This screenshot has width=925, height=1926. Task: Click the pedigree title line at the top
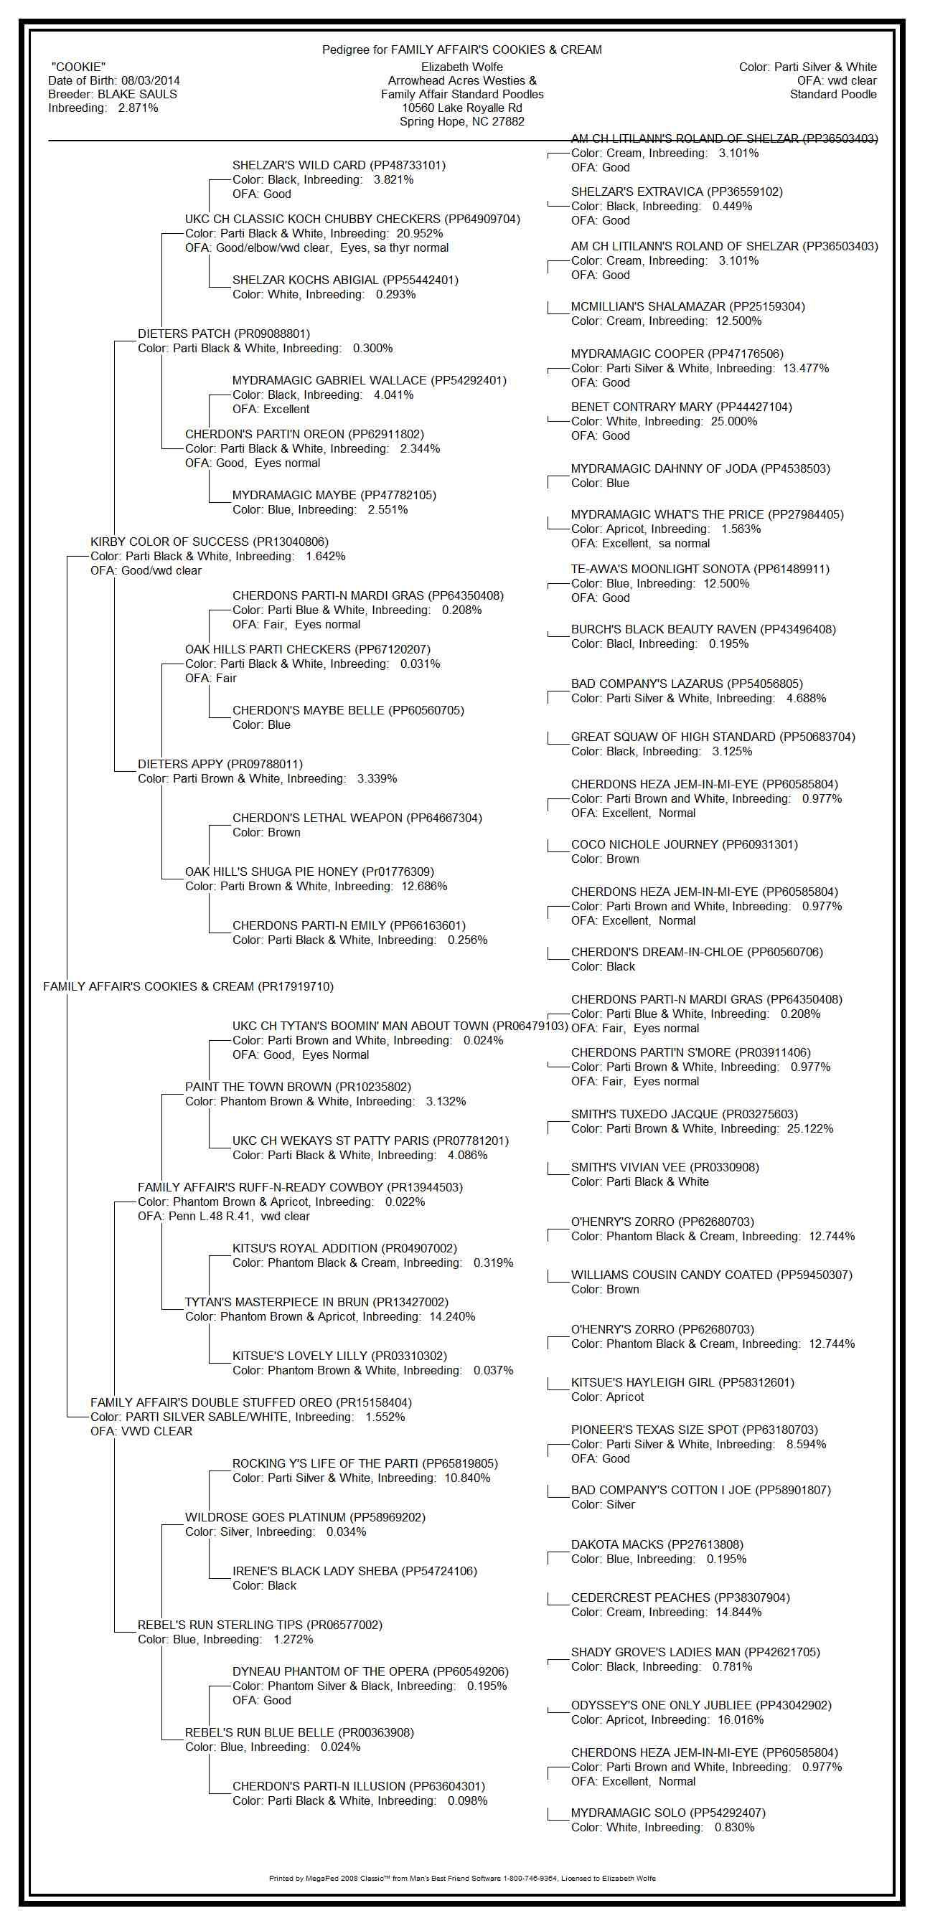tap(461, 50)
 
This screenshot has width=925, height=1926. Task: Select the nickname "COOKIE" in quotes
tap(78, 67)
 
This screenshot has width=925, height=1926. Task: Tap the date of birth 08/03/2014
tap(150, 81)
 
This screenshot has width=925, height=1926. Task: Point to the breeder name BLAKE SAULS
tap(138, 94)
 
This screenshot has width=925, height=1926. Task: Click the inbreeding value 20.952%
tap(420, 233)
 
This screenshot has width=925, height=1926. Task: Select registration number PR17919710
tap(296, 987)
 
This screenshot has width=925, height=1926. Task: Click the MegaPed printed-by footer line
tap(462, 1878)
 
